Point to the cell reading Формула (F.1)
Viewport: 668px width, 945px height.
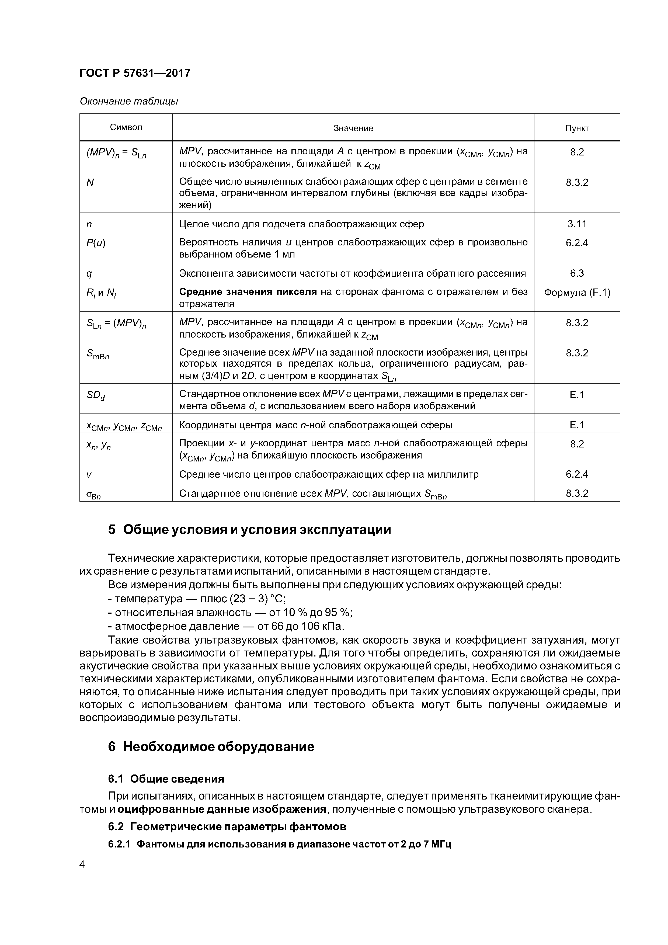(577, 293)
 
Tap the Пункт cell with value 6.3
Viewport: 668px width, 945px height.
(577, 273)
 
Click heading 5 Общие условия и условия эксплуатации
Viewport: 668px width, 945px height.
(249, 530)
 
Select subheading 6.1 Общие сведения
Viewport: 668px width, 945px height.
(166, 779)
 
